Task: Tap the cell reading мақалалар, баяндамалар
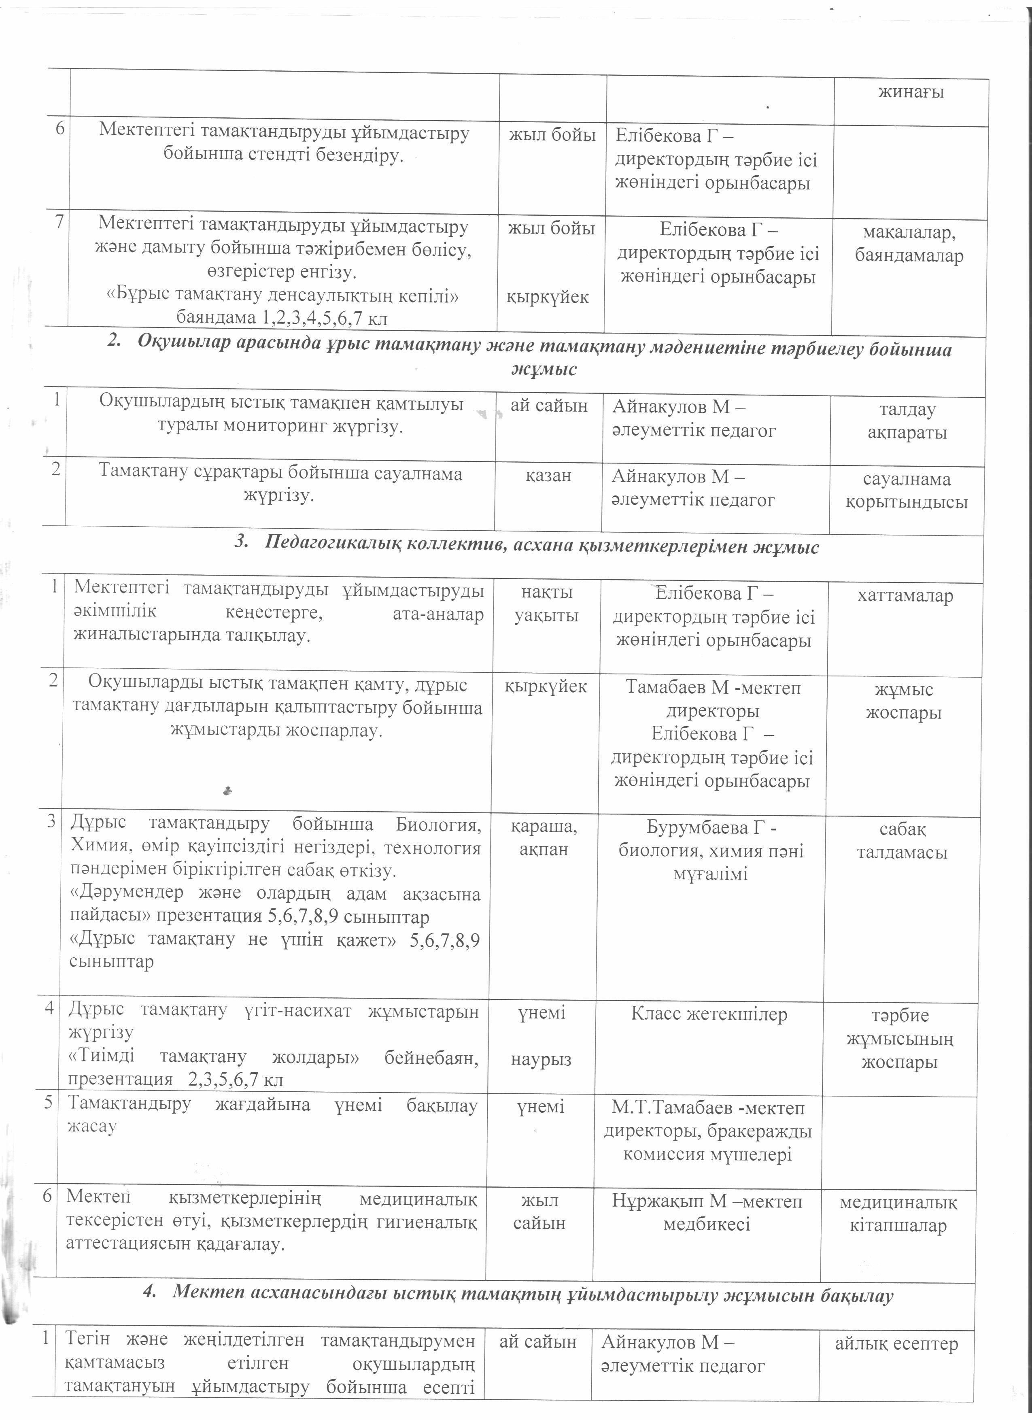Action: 909,244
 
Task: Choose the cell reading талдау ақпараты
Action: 907,421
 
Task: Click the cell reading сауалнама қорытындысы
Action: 906,490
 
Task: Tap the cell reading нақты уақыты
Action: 546,604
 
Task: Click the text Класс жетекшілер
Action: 709,1015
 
